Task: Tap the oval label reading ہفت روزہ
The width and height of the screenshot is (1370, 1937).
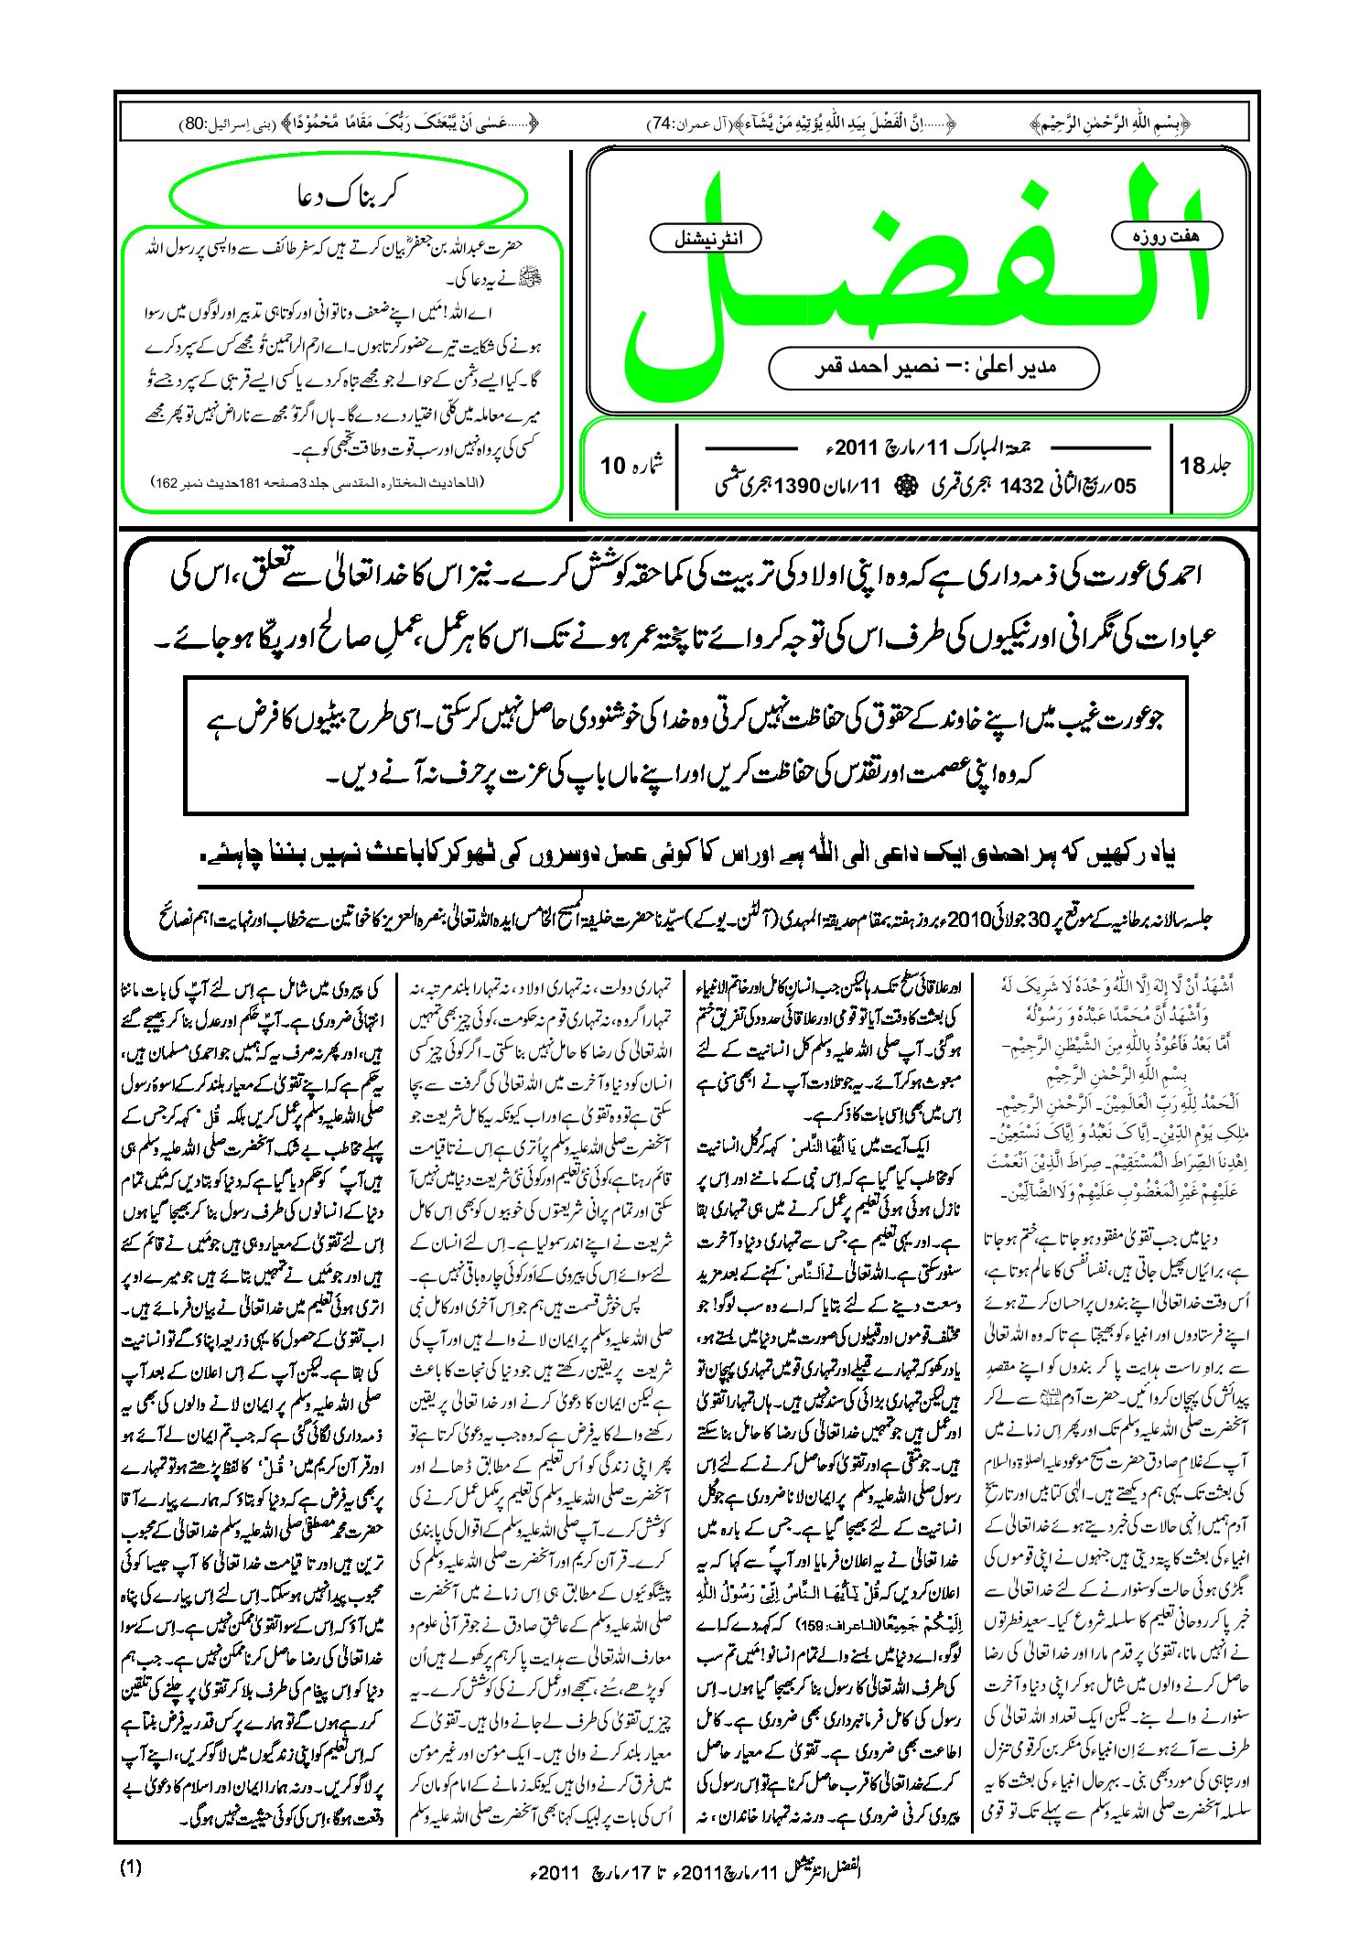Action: (x=1166, y=236)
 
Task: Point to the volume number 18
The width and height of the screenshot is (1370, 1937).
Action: (x=1192, y=466)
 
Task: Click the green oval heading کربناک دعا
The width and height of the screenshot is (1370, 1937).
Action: (x=349, y=196)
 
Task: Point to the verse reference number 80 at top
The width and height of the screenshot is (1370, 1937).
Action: (x=194, y=123)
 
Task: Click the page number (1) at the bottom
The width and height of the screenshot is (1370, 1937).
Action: (x=131, y=1867)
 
